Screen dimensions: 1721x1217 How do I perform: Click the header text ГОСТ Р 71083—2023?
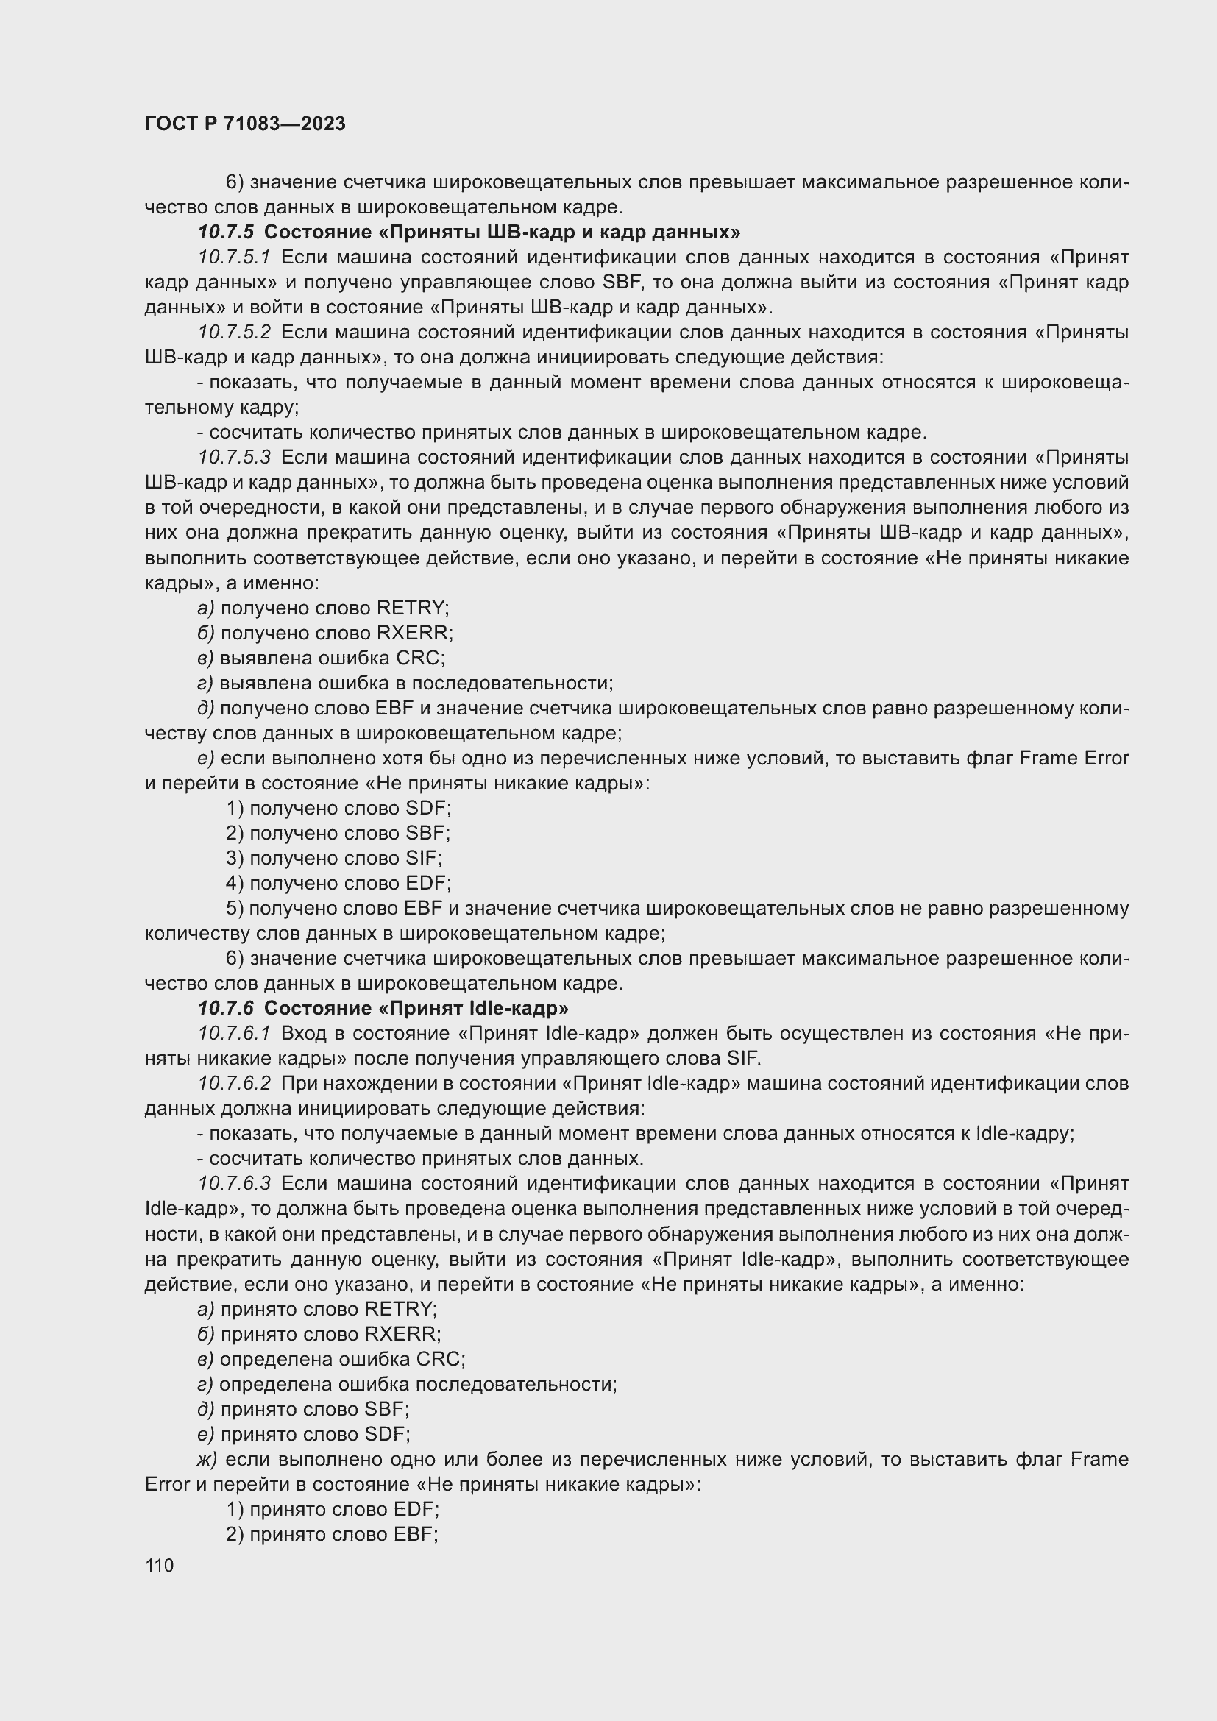tap(245, 124)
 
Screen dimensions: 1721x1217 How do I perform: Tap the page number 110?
tap(160, 1565)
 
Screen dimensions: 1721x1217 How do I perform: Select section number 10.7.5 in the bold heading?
tap(226, 233)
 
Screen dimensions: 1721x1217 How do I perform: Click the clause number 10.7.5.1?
tap(234, 258)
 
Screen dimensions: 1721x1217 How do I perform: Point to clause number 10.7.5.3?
tap(234, 457)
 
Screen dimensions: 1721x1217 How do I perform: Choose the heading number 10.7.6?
tap(226, 1008)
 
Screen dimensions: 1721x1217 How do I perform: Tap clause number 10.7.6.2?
tap(234, 1084)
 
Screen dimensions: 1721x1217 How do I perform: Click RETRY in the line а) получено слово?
tap(410, 608)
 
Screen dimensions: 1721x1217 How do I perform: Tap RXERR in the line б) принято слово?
tap(401, 1334)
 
